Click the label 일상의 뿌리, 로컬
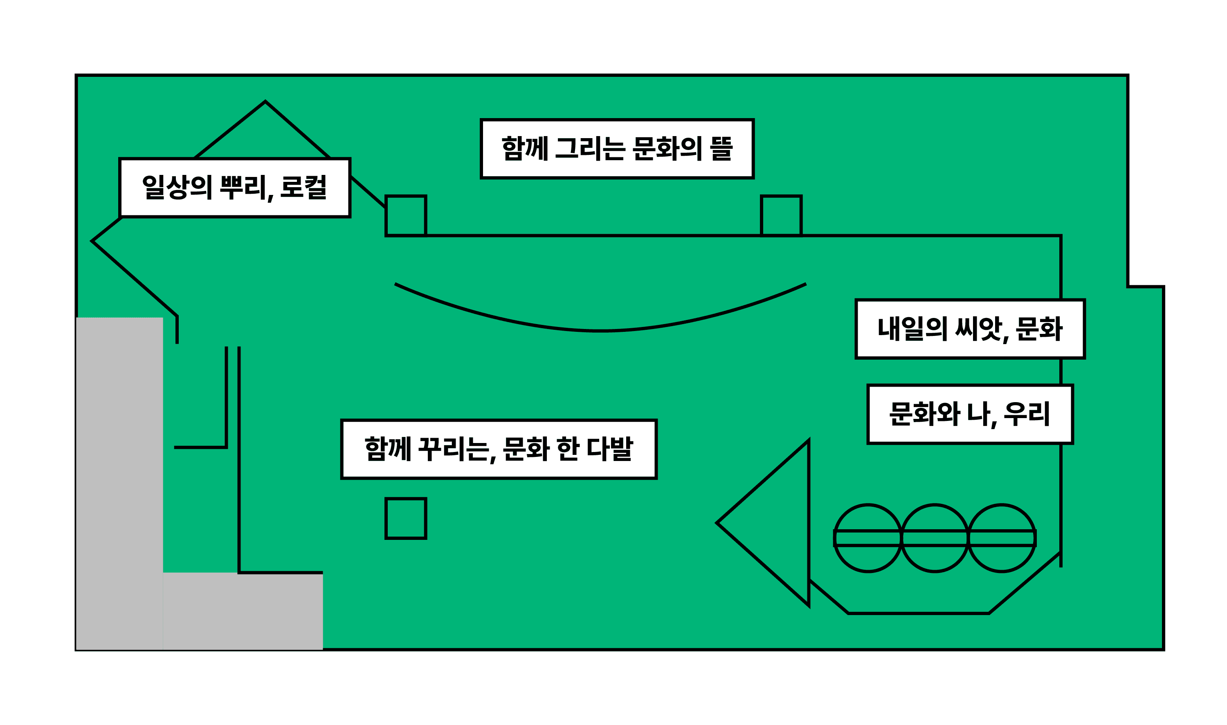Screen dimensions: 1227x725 point(235,188)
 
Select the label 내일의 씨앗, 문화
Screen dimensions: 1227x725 point(970,329)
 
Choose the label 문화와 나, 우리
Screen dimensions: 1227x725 point(970,414)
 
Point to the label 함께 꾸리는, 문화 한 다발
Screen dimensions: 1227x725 point(499,449)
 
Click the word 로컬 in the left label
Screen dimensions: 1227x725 point(303,187)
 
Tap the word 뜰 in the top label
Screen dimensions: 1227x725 point(721,148)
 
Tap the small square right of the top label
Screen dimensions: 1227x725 point(781,216)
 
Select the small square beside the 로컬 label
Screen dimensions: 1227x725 point(406,216)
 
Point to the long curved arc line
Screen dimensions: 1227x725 point(600,331)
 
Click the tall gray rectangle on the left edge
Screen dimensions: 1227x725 point(119,483)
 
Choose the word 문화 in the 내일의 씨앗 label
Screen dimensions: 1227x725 point(1039,329)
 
